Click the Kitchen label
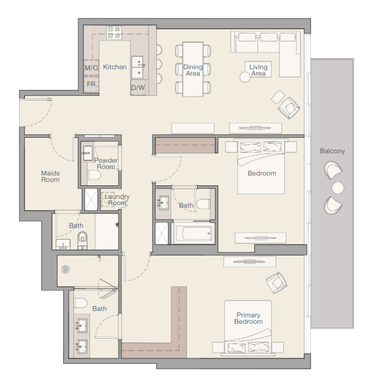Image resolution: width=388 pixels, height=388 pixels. tap(114, 67)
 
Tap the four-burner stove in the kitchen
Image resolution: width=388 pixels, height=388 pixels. tap(114, 32)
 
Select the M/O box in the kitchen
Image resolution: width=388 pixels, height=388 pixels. tap(91, 67)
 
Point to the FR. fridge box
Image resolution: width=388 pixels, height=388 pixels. tap(91, 84)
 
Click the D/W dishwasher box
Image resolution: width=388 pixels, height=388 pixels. tap(138, 87)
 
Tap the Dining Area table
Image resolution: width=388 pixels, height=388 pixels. tap(193, 69)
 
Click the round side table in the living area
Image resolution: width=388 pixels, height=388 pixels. tap(245, 77)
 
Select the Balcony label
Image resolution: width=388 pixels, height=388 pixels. tap(332, 151)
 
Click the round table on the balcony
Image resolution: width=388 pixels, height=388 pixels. tap(338, 188)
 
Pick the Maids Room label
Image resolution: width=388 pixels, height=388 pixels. tap(50, 177)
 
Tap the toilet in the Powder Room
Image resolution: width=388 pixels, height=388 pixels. tap(95, 176)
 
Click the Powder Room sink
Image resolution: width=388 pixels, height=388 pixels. tap(88, 153)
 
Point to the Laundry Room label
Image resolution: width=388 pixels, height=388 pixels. tap(117, 200)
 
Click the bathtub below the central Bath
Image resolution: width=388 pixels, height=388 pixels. tap(193, 233)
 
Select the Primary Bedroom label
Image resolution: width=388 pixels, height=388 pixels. tap(248, 318)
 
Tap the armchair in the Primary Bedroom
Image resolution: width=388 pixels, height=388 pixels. tap(276, 283)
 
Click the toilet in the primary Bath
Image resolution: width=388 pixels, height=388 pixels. tap(81, 303)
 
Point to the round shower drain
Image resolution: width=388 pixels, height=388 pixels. tap(65, 269)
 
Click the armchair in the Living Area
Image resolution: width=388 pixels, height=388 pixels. tap(289, 108)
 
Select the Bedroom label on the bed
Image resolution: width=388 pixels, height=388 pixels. tap(262, 173)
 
